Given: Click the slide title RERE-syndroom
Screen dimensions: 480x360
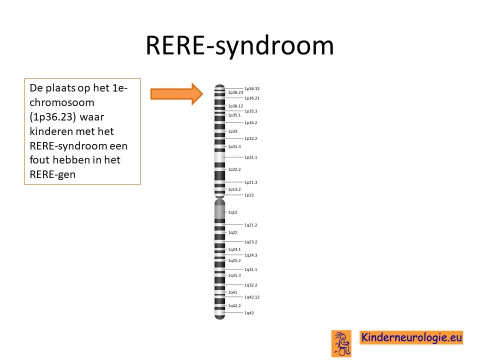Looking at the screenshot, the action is pyautogui.click(x=239, y=46).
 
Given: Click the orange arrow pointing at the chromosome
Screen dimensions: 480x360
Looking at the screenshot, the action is pyautogui.click(x=176, y=94).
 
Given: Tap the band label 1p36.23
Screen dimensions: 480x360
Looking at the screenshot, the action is pyautogui.click(x=235, y=92).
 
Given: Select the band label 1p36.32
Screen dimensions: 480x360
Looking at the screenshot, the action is pyautogui.click(x=251, y=89).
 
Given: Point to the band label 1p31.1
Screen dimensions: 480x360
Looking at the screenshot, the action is pyautogui.click(x=250, y=157).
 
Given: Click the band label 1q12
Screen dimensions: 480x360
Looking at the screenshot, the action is pyautogui.click(x=232, y=212).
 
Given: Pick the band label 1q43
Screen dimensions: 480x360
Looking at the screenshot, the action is pyautogui.click(x=249, y=313).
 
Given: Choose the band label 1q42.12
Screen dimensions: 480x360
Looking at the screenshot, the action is pyautogui.click(x=251, y=297).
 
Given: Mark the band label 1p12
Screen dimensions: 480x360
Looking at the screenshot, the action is pyautogui.click(x=249, y=195).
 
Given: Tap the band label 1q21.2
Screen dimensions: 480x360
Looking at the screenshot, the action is pyautogui.click(x=250, y=225).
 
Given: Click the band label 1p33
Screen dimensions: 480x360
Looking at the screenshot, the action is pyautogui.click(x=232, y=131).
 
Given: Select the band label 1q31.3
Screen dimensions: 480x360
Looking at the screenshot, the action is pyautogui.click(x=234, y=275).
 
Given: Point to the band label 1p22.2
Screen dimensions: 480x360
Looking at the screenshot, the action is pyautogui.click(x=234, y=169).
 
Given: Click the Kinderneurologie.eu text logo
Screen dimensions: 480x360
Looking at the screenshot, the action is pyautogui.click(x=411, y=337).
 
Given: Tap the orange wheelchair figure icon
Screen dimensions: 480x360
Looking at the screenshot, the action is pyautogui.click(x=341, y=343).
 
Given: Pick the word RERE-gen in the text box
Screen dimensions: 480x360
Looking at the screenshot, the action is pyautogui.click(x=52, y=174).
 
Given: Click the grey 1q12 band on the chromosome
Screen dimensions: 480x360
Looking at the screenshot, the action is pyautogui.click(x=220, y=212).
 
